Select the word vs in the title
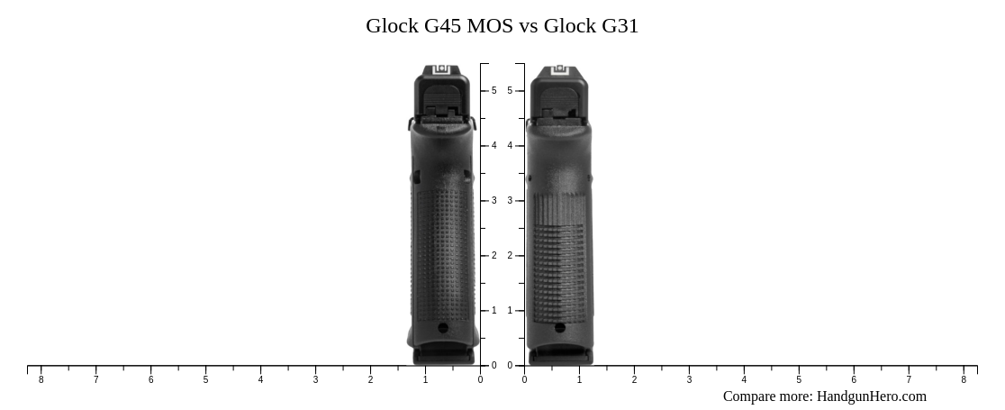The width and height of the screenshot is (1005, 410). [x=529, y=26]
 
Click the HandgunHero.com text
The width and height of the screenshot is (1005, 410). [x=871, y=396]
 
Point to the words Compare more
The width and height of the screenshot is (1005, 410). [x=767, y=396]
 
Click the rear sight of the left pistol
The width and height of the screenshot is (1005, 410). [x=441, y=70]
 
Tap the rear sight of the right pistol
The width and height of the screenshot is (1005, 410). [x=559, y=70]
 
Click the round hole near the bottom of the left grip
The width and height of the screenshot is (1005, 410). [x=443, y=328]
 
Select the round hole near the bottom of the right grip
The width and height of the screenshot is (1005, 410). [x=560, y=328]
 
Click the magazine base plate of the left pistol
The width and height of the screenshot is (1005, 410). [x=443, y=357]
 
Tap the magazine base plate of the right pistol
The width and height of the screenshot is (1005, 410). [x=560, y=357]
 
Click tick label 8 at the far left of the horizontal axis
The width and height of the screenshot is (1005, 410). [x=41, y=380]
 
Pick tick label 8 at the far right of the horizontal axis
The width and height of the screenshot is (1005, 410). [x=964, y=380]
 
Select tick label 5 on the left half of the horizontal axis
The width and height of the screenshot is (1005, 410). [x=205, y=380]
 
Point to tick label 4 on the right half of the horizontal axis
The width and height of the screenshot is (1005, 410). [x=744, y=380]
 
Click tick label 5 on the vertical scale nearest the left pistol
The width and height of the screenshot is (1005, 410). [x=494, y=91]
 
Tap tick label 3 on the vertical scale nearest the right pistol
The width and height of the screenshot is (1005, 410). [x=510, y=201]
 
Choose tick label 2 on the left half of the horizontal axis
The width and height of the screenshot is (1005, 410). [x=370, y=380]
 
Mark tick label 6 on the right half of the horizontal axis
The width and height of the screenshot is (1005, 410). [x=854, y=380]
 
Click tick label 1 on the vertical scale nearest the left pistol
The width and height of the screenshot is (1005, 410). [x=494, y=311]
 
